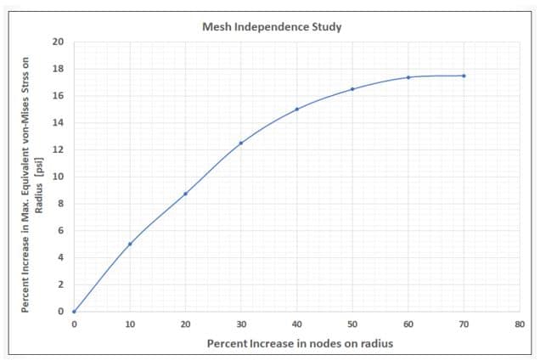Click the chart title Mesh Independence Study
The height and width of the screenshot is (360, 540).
click(272, 26)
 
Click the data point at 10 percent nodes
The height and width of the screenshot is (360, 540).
click(130, 244)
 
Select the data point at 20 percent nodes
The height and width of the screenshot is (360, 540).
click(185, 194)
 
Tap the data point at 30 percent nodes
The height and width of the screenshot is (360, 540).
click(241, 143)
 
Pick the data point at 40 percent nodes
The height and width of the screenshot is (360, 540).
click(296, 109)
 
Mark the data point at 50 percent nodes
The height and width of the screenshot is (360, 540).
click(352, 89)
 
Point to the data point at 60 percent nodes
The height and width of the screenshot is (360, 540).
click(408, 77)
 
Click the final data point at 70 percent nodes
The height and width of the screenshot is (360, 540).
click(464, 76)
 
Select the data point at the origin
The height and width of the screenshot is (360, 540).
click(74, 312)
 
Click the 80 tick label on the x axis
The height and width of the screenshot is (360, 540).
click(520, 323)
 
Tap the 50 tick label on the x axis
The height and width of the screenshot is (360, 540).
click(352, 323)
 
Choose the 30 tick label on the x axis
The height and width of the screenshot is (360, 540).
click(241, 323)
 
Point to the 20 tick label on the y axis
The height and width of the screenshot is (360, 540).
click(58, 42)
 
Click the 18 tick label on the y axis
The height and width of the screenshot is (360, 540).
click(58, 69)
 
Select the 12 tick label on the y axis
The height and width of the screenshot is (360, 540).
click(58, 149)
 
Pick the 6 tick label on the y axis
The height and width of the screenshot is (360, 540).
click(60, 231)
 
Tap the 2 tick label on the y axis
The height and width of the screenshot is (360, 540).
click(60, 284)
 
